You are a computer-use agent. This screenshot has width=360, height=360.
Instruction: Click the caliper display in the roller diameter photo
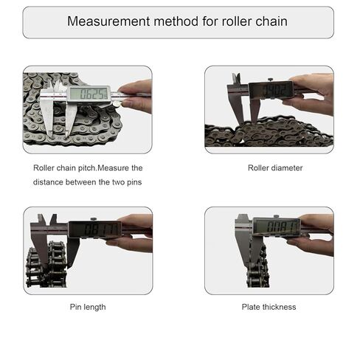point(271,90)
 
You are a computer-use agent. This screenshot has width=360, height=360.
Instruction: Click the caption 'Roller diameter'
point(275,167)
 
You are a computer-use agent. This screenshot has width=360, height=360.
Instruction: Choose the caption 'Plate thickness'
point(269,306)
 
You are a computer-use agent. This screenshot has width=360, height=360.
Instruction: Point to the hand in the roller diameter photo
point(314,92)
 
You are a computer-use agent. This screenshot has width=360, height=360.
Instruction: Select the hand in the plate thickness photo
point(315,232)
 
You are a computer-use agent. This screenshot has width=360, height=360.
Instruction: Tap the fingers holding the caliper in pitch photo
point(136,94)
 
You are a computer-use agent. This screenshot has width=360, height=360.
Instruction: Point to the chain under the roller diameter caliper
point(269,133)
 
